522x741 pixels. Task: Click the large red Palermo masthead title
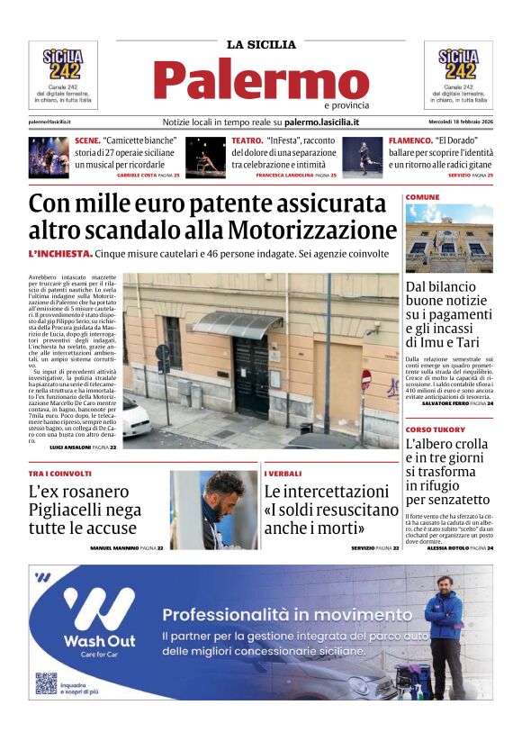coord(260,81)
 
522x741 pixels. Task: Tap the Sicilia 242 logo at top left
coord(62,65)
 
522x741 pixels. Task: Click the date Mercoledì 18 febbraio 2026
coord(460,122)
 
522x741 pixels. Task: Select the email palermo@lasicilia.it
coord(49,122)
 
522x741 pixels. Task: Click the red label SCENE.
coord(87,141)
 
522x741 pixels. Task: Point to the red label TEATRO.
coord(247,141)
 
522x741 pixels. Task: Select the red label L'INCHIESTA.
coord(60,254)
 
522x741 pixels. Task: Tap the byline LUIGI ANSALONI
coord(75,447)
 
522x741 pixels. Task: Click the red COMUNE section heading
coord(422,196)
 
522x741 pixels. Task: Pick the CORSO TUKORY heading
coord(434,429)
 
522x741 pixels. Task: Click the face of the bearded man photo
coord(224,493)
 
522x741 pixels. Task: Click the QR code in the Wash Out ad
coord(46,682)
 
